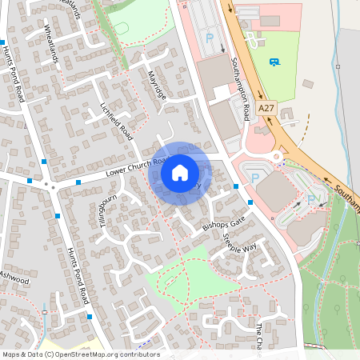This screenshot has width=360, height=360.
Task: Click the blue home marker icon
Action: (180, 172)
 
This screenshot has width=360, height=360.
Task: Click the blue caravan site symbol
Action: (275, 62)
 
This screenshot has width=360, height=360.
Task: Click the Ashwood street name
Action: (14, 280)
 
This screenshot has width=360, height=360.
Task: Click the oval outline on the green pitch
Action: (122, 29)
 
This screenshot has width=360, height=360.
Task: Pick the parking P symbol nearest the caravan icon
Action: (210, 38)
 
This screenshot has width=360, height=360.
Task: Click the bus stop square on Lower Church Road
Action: (78, 182)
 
